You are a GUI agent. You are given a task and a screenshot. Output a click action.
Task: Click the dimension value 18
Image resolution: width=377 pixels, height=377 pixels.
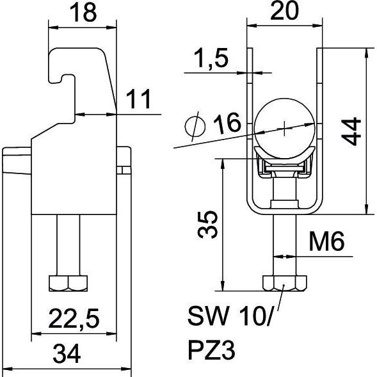pos(83,13)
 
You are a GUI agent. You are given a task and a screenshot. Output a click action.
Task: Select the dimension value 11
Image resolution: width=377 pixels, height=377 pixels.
pos(138,99)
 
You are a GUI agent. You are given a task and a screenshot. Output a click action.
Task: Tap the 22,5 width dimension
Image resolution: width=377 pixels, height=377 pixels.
pos(74,319)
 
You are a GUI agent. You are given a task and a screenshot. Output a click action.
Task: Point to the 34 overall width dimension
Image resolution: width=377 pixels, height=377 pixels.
pos(67,354)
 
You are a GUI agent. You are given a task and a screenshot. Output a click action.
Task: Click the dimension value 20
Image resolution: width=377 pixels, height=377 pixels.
pos(284,11)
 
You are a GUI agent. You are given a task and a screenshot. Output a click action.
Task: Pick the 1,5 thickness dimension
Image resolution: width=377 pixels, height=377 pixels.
pos(211,58)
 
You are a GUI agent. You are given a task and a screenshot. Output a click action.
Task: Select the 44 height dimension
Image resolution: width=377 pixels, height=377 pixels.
pos(351,131)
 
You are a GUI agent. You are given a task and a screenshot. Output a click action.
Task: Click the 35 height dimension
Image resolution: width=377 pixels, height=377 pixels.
pos(207,224)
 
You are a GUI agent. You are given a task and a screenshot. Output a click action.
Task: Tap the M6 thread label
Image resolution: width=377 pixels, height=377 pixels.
pos(326,241)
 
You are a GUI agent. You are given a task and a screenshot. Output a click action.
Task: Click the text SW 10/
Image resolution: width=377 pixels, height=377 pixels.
pos(230,316)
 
